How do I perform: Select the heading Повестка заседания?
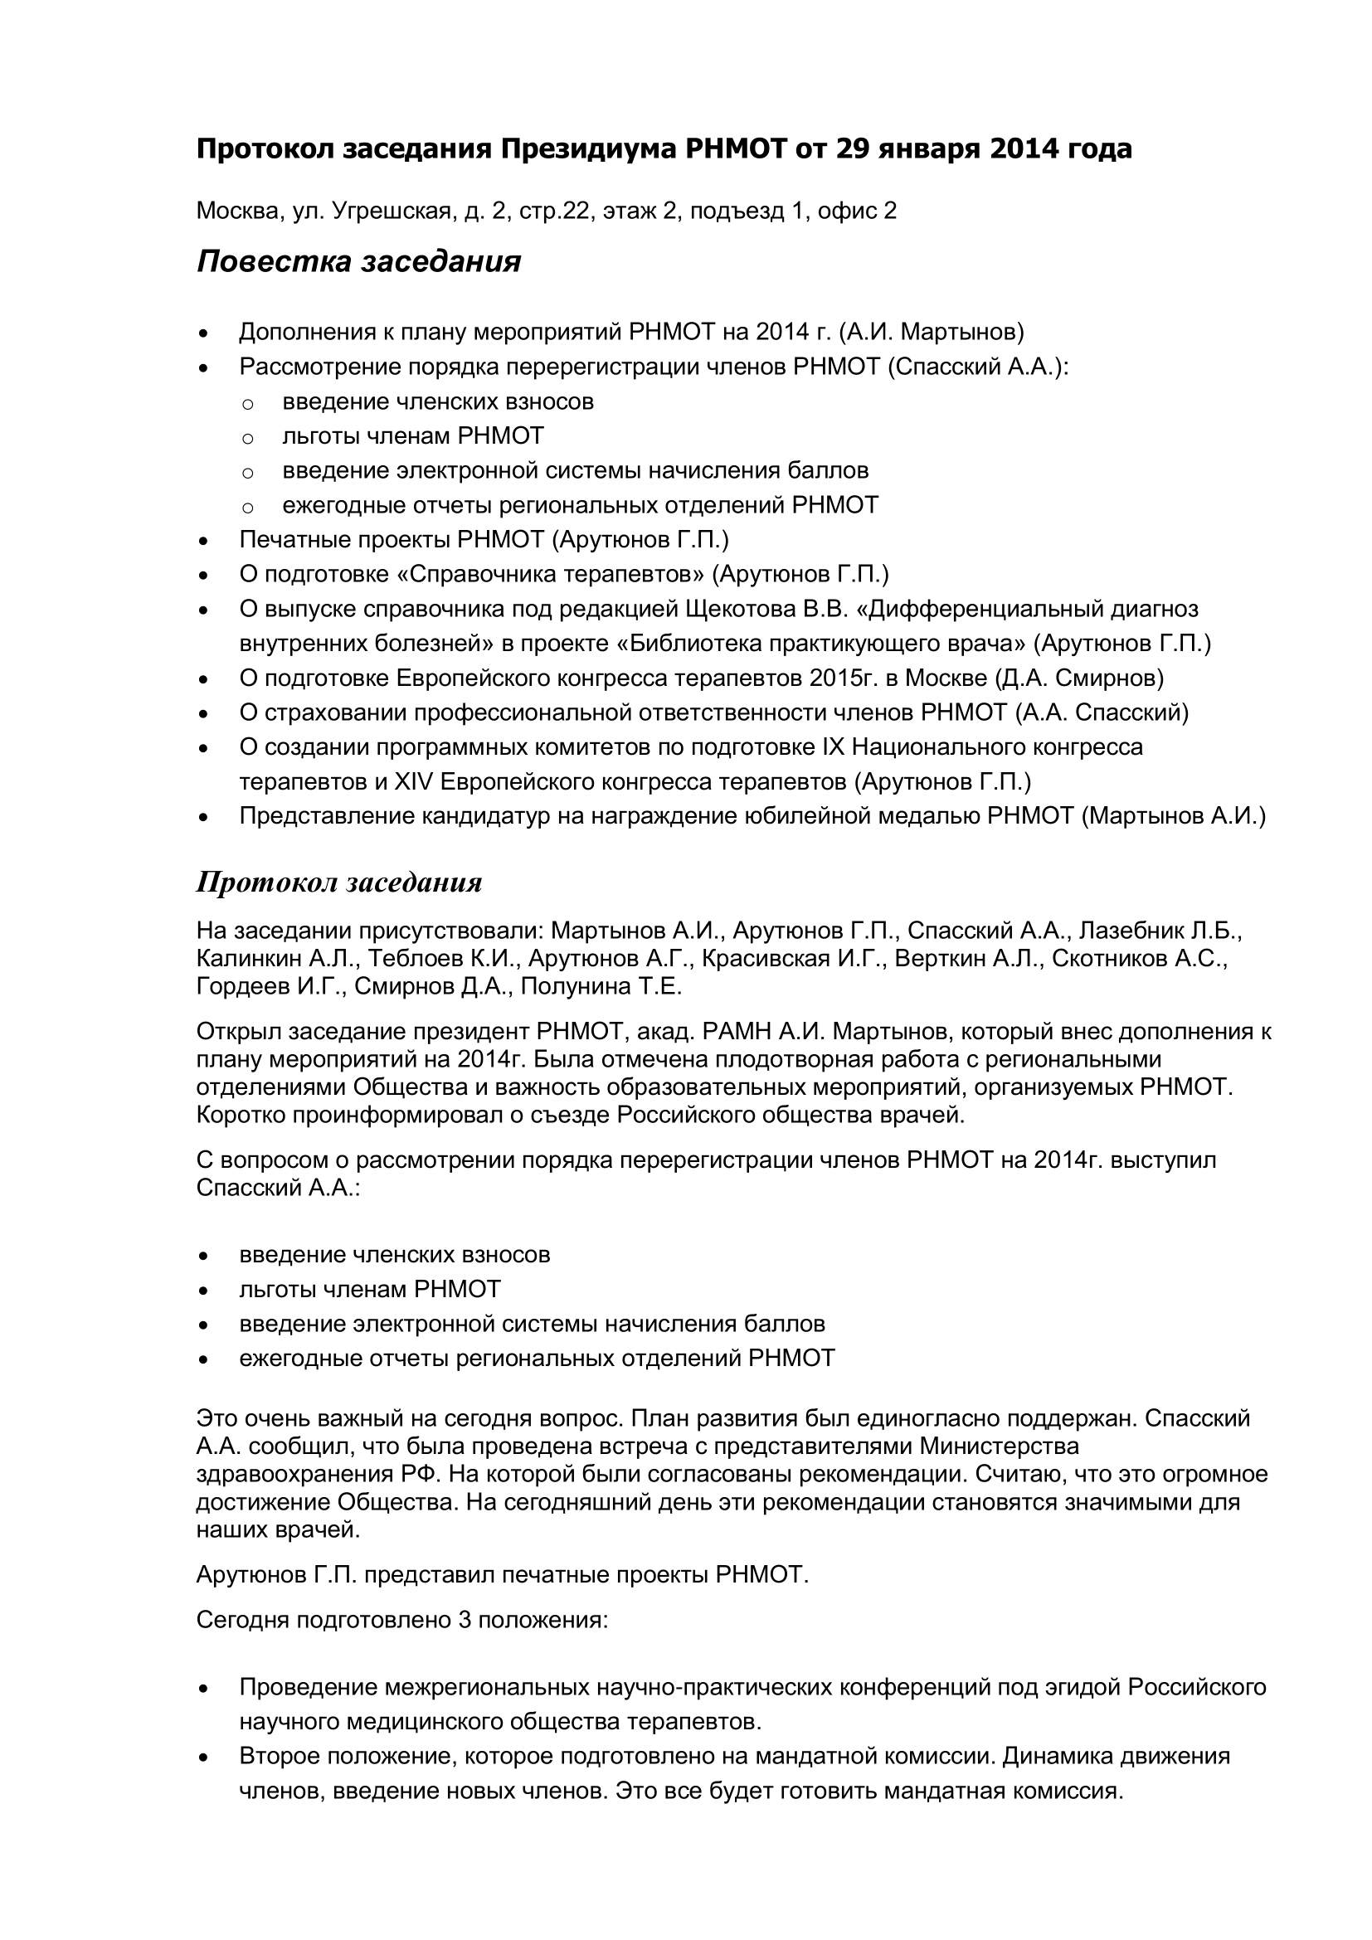pyautogui.click(x=358, y=262)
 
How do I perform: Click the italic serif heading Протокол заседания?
pyautogui.click(x=338, y=883)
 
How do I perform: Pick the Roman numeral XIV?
pyautogui.click(x=414, y=781)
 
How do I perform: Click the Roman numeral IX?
pyautogui.click(x=832, y=747)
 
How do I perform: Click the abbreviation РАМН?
pyautogui.click(x=732, y=1032)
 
